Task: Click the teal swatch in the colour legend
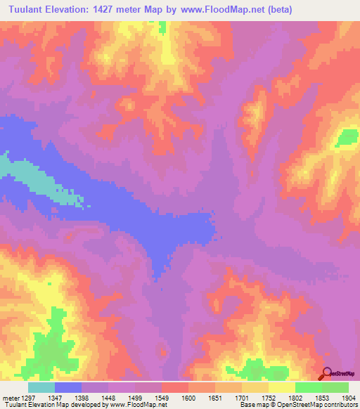coord(41,387)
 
